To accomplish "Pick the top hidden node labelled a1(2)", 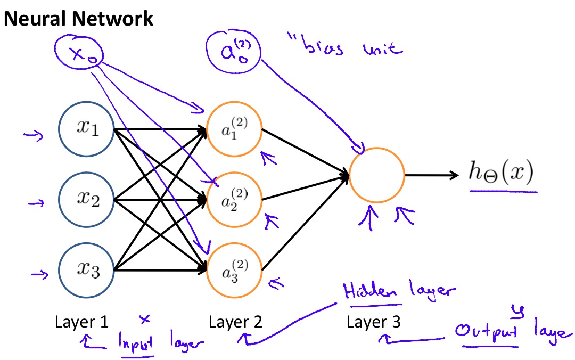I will click(x=234, y=130).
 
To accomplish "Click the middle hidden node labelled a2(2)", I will click(x=234, y=200).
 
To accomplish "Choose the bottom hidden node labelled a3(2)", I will click(x=234, y=269).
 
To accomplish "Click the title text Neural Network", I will click(x=79, y=19).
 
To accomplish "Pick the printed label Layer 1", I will click(x=81, y=322).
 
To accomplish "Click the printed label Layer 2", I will click(x=235, y=322).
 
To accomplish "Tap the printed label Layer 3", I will click(x=373, y=322).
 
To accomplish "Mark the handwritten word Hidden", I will click(x=371, y=292).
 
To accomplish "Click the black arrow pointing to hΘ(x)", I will click(x=431, y=175).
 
